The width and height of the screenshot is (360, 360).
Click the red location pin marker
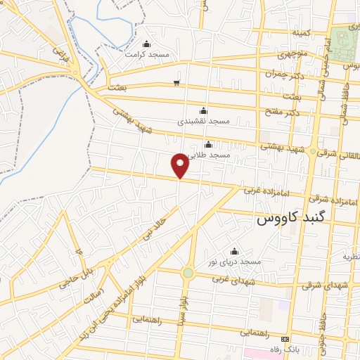[x=180, y=165]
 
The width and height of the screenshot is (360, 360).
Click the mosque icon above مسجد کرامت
[x=146, y=44]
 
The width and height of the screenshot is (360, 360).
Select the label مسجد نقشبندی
[x=203, y=122]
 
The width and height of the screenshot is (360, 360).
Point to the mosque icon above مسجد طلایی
[x=207, y=145]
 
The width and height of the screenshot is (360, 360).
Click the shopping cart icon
[x=176, y=83]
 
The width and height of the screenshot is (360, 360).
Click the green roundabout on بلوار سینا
[x=188, y=273]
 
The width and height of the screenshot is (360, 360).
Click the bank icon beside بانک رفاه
[x=283, y=339]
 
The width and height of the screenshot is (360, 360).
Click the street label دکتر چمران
[x=283, y=75]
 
